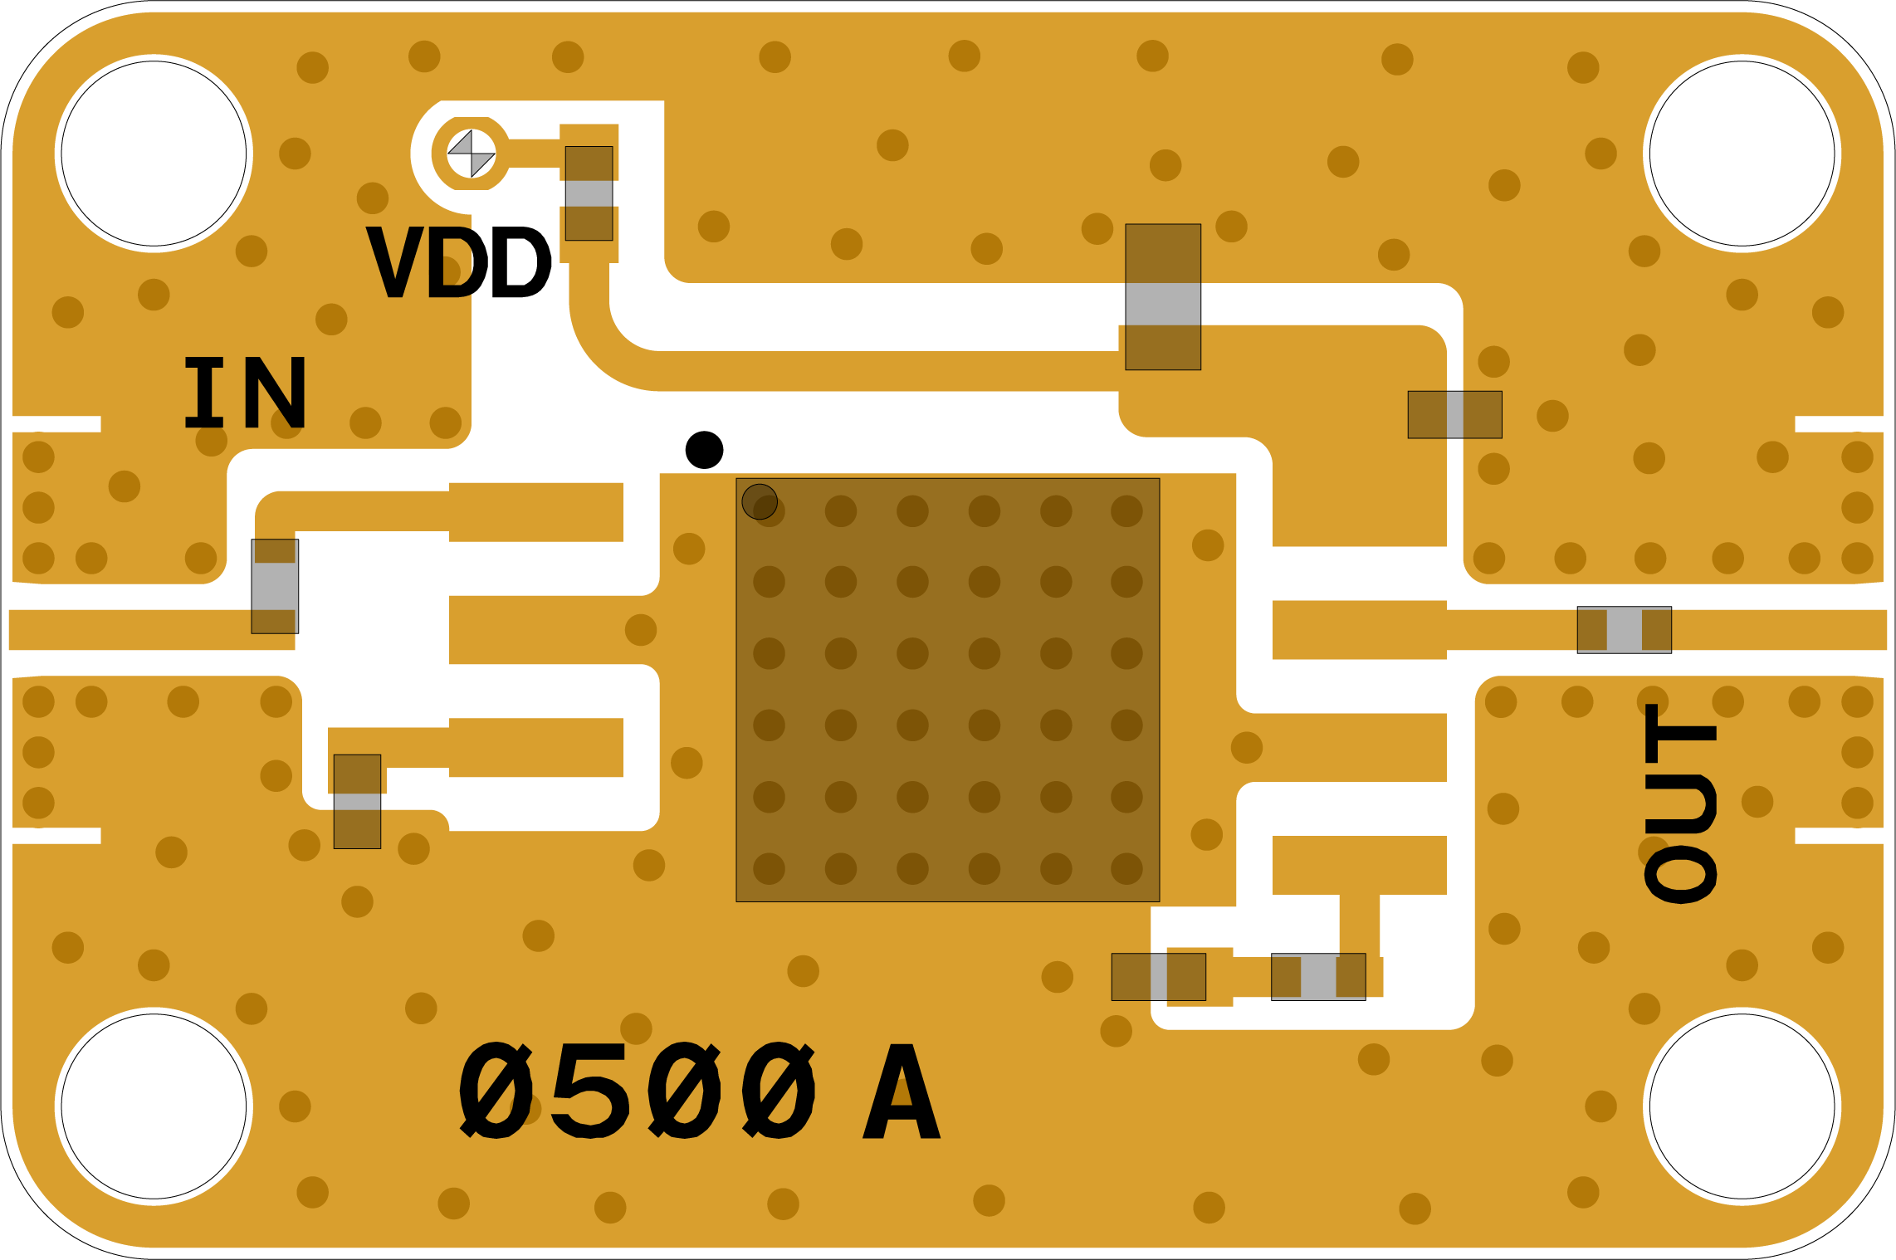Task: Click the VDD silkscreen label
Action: pyautogui.click(x=458, y=262)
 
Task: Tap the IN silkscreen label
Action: pyautogui.click(x=245, y=393)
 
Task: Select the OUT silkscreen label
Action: pyautogui.click(x=1680, y=803)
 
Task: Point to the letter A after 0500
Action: pyautogui.click(x=902, y=1092)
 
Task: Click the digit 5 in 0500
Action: pyautogui.click(x=590, y=1091)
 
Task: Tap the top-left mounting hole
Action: pyautogui.click(x=154, y=154)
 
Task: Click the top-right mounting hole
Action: pyautogui.click(x=1742, y=154)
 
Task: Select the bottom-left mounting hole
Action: pyautogui.click(x=154, y=1106)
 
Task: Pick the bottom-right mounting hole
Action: pyautogui.click(x=1742, y=1106)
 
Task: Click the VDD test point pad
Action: pyautogui.click(x=472, y=154)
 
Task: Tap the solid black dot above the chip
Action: pyautogui.click(x=704, y=450)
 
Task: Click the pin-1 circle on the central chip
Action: pyautogui.click(x=760, y=501)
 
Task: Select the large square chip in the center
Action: pyautogui.click(x=947, y=690)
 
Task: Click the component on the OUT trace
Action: pyautogui.click(x=1624, y=630)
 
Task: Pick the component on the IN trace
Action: pyautogui.click(x=275, y=586)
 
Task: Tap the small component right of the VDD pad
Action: pyautogui.click(x=589, y=193)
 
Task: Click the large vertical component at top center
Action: pyautogui.click(x=1163, y=296)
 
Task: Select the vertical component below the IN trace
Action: pyautogui.click(x=357, y=801)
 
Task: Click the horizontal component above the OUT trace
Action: pyautogui.click(x=1454, y=414)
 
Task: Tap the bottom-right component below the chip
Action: pyautogui.click(x=1318, y=976)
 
